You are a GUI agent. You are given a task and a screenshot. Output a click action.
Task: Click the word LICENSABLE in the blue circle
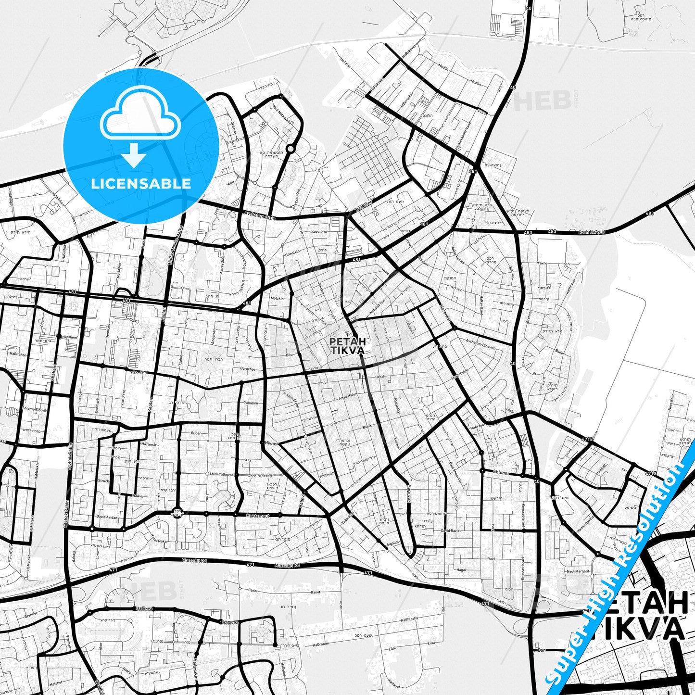tap(141, 184)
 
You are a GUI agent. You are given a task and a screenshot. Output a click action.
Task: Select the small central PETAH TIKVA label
tap(347, 345)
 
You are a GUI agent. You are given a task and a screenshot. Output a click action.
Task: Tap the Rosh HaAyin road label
tap(591, 232)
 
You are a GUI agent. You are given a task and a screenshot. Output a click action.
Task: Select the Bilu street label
tap(289, 354)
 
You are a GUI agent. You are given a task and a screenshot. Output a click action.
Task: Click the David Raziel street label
tap(450, 531)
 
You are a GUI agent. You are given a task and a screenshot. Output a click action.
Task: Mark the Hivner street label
tap(272, 443)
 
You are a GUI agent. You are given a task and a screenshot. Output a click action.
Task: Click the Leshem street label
tap(70, 337)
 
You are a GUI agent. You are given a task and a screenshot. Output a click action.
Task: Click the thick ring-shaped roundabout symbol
tap(291, 149)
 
